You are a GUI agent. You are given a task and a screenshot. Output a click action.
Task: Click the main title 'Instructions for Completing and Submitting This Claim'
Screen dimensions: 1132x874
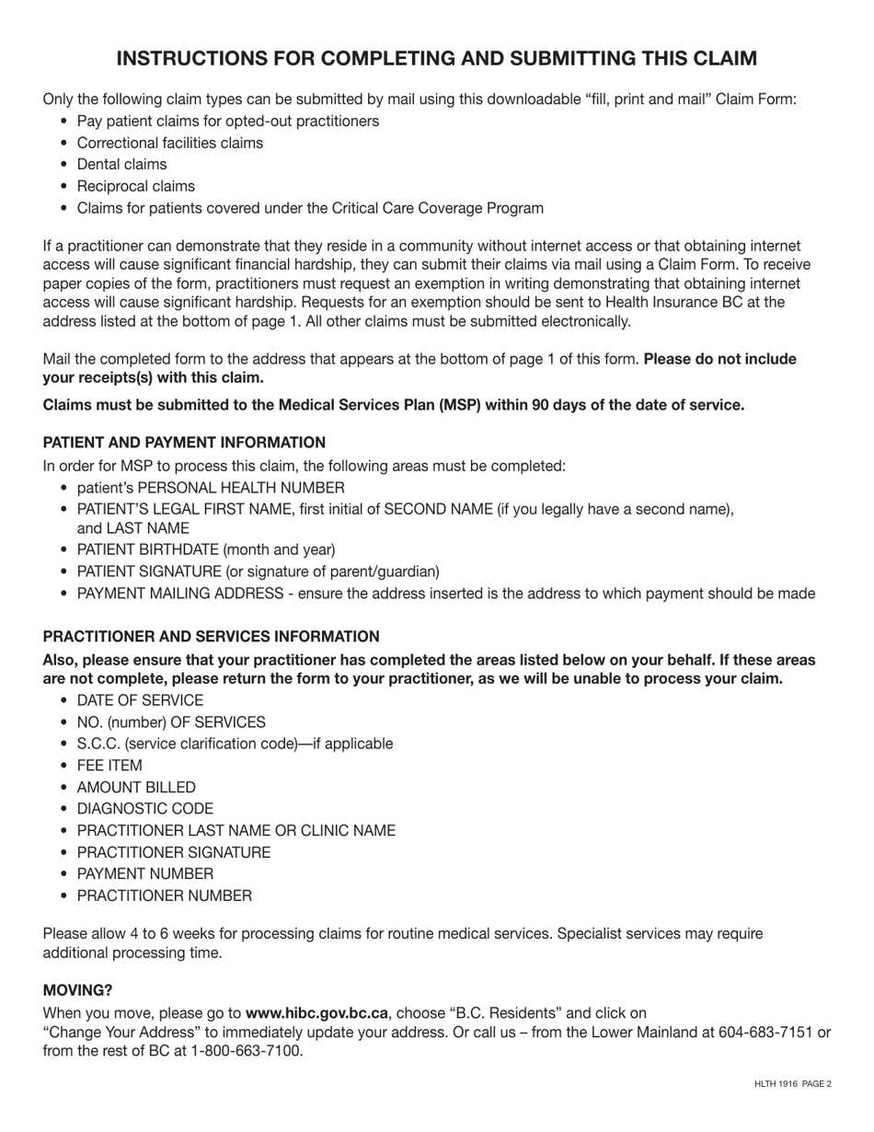pyautogui.click(x=437, y=59)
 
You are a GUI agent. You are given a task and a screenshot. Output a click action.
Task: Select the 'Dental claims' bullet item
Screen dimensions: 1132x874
pyautogui.click(x=121, y=165)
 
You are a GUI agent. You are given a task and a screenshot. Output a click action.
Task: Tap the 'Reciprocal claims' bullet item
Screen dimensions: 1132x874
pyautogui.click(x=135, y=186)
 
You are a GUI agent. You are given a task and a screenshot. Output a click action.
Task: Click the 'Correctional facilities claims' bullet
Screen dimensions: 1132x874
pyautogui.click(x=169, y=143)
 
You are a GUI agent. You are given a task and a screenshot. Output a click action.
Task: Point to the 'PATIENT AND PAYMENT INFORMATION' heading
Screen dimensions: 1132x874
pyautogui.click(x=184, y=443)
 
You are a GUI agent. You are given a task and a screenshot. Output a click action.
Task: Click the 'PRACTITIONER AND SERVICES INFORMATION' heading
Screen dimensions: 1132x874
pyautogui.click(x=211, y=637)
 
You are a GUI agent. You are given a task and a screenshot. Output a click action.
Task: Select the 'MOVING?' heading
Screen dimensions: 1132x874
pyautogui.click(x=77, y=990)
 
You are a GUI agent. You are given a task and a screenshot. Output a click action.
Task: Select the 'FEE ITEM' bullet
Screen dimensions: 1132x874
pyautogui.click(x=109, y=766)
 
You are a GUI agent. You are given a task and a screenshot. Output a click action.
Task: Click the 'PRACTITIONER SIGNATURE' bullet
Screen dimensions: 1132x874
pyautogui.click(x=174, y=852)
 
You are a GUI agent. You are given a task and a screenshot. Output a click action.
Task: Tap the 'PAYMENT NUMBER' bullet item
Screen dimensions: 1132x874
pyautogui.click(x=144, y=874)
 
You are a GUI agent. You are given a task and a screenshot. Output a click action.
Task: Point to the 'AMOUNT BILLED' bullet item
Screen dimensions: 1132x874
pyautogui.click(x=136, y=788)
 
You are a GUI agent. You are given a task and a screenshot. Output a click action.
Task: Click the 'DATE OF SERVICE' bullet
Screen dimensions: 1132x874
pyautogui.click(x=140, y=700)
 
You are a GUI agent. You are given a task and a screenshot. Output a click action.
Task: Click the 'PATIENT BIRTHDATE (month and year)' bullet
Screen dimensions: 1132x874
pyautogui.click(x=206, y=550)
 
